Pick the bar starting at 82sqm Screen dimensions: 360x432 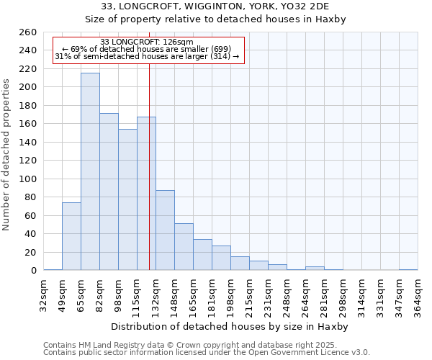pyautogui.click(x=109, y=192)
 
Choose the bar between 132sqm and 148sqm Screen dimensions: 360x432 pyautogui.click(x=165, y=230)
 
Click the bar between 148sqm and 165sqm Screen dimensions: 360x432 pyautogui.click(x=184, y=247)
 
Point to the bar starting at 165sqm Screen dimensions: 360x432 pyautogui.click(x=202, y=255)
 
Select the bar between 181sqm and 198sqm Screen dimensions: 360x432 pyautogui.click(x=221, y=258)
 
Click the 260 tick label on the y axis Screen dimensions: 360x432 pyautogui.click(x=27, y=32)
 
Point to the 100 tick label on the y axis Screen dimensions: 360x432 pyautogui.click(x=27, y=179)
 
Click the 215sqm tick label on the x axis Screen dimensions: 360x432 pyautogui.click(x=249, y=294)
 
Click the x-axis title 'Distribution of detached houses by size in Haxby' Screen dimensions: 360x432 pyautogui.click(x=230, y=326)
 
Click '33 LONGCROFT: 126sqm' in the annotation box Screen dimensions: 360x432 pyautogui.click(x=147, y=42)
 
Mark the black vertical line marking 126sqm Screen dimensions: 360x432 pyautogui.click(x=149, y=166)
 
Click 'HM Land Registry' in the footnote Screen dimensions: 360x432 pyautogui.click(x=104, y=345)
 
